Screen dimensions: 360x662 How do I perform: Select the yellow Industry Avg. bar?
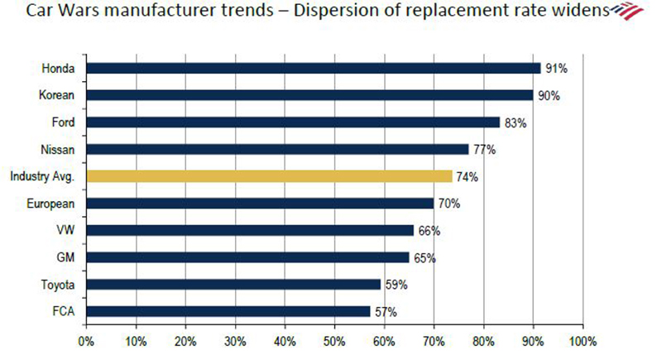[269, 176]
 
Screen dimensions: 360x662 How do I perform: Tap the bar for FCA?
[228, 311]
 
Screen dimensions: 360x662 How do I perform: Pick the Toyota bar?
[233, 284]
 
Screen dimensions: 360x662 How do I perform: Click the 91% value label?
[555, 69]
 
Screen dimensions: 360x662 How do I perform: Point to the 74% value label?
[467, 176]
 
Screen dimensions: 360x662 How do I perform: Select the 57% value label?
[385, 312]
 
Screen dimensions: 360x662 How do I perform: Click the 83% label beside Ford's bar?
[515, 122]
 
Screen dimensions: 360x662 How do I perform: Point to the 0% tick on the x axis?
[85, 340]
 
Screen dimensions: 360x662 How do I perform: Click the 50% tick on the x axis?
[334, 340]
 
